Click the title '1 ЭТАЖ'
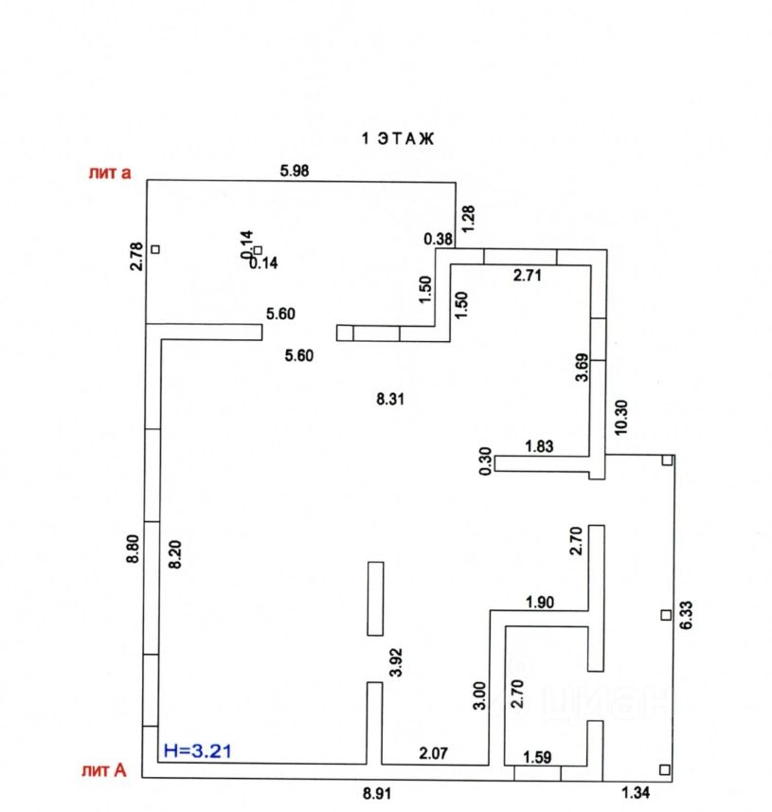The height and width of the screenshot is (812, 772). click(397, 138)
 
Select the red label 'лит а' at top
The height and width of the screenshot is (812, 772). click(109, 173)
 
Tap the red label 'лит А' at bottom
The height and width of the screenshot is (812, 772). click(107, 770)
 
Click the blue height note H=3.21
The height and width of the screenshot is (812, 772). click(198, 750)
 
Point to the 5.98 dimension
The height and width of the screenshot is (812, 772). click(295, 171)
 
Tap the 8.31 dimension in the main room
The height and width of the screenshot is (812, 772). click(390, 399)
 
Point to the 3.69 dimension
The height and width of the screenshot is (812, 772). click(582, 367)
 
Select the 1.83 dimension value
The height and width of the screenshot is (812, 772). click(540, 446)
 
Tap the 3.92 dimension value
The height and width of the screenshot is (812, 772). click(395, 661)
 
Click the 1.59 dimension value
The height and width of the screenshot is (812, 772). click(552, 756)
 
